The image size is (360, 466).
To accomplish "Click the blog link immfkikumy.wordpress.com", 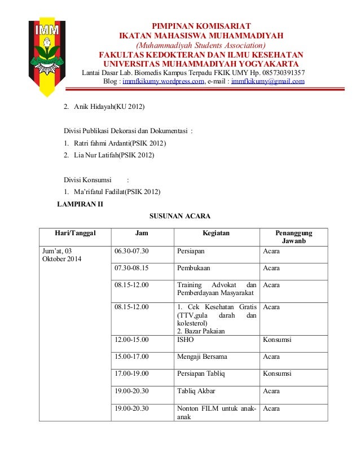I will pos(163,81).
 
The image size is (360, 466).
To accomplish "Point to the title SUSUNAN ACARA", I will pos(179,216).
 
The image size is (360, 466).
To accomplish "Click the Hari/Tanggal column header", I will pos(75,233).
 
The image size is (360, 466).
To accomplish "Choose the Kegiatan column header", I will pos(216,233).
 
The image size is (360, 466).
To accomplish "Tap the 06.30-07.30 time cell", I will pos(131,251).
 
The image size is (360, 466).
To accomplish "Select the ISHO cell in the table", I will pos(185,340).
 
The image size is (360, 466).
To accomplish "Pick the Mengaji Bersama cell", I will pos(202,357).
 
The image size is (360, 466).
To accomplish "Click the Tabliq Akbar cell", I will pos(196,391).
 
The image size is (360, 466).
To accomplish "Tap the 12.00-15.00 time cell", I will pos(131,340).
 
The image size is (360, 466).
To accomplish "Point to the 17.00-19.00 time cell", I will pos(131,374).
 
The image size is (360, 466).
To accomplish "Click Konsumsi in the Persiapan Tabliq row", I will pos(277,374).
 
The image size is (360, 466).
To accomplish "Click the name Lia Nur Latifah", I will pos(108,155).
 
